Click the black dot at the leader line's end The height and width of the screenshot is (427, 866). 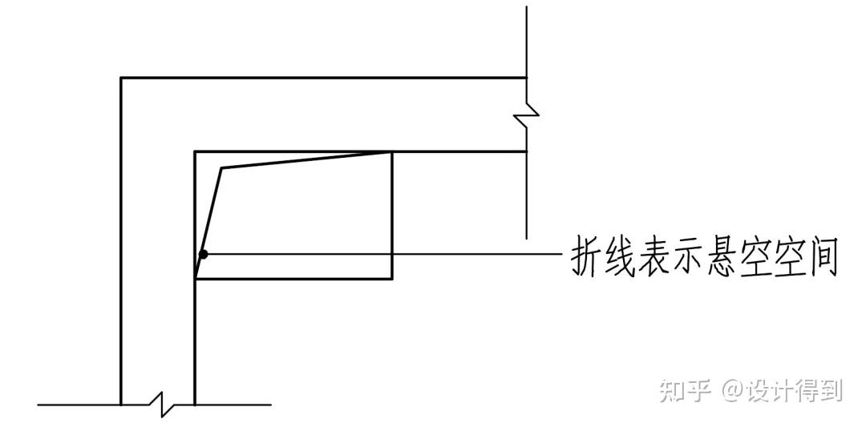pos(204,254)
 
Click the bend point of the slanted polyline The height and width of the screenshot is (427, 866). pos(221,168)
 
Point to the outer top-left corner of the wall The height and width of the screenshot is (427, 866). pos(121,78)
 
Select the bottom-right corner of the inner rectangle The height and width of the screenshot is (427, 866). pos(392,279)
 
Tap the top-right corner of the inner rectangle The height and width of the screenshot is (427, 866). pos(392,151)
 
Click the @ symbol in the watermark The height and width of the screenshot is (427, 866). pos(733,390)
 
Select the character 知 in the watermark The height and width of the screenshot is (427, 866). pos(673,390)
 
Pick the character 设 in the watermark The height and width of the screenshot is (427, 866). pos(761,390)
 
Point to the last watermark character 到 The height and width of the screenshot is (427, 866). pos(831,390)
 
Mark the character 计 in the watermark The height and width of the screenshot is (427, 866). pos(784,390)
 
